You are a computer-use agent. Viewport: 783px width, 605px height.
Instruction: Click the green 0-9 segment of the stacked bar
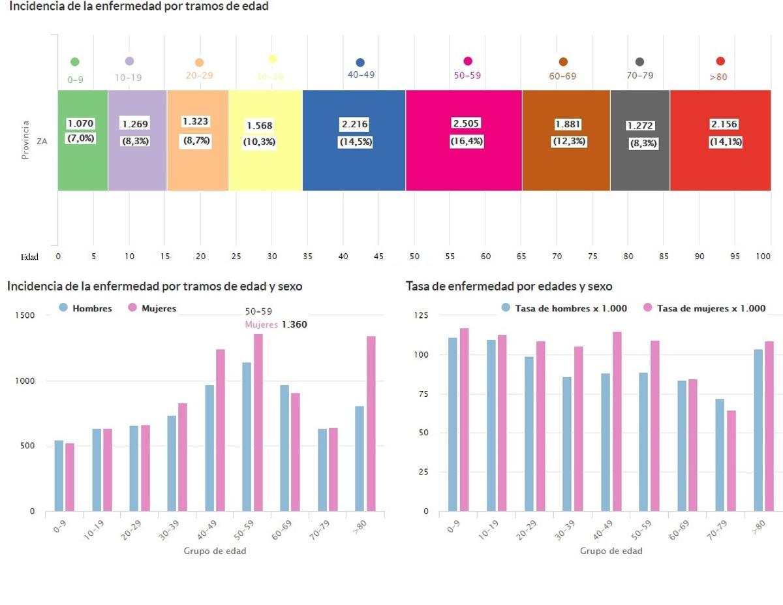[x=83, y=163]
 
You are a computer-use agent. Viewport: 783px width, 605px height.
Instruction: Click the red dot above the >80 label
[x=720, y=61]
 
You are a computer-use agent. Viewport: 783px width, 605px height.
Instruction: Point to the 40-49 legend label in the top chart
[x=361, y=75]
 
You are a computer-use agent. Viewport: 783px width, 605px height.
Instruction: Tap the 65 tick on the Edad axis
[x=521, y=256]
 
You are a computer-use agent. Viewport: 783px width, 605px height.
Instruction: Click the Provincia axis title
[x=25, y=140]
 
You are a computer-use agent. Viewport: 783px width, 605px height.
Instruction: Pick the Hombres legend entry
[x=91, y=308]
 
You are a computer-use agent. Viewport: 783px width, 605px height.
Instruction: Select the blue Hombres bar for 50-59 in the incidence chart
[x=247, y=437]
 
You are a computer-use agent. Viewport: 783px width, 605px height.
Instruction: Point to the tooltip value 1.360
[x=294, y=324]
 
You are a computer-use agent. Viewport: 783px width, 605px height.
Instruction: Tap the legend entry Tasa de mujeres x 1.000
[x=711, y=308]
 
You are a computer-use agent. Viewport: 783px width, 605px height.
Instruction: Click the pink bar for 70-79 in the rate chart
[x=731, y=460]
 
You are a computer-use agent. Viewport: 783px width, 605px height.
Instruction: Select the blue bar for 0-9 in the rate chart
[x=453, y=424]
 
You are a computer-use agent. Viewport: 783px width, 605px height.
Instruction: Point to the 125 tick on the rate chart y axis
[x=422, y=315]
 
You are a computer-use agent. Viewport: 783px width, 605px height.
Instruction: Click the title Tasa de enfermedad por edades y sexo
[x=508, y=287]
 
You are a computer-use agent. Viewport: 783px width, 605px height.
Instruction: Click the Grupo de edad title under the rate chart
[x=611, y=551]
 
